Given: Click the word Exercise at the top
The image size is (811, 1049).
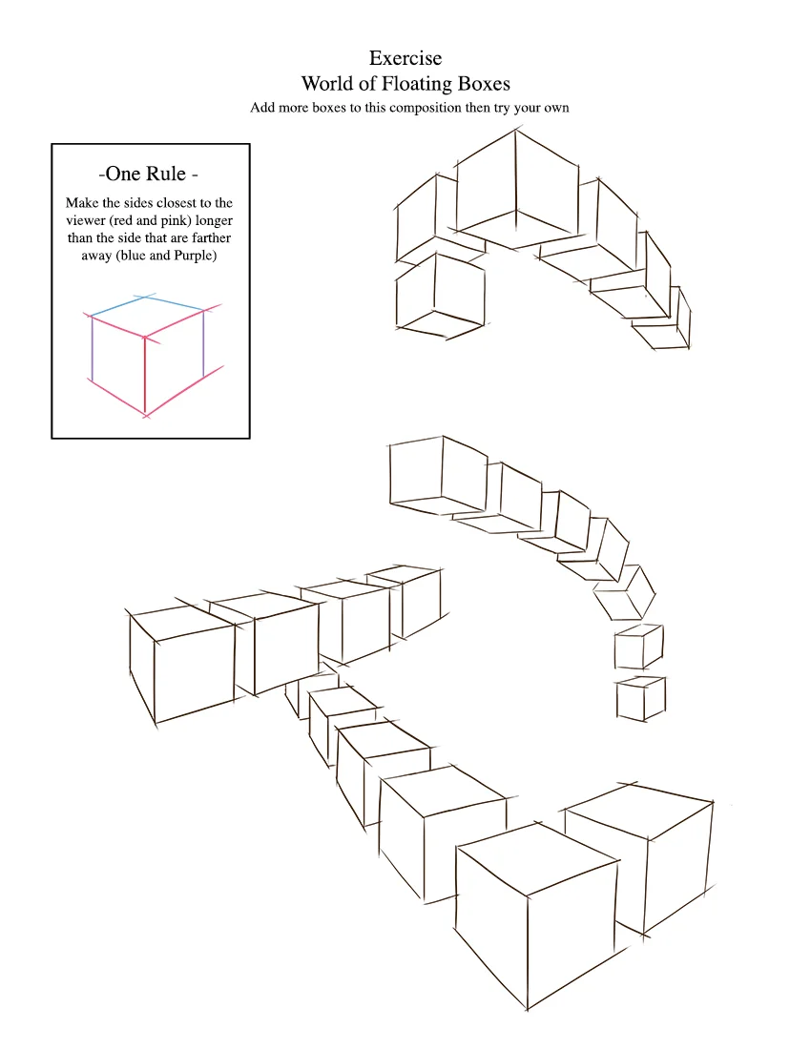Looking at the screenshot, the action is (405, 58).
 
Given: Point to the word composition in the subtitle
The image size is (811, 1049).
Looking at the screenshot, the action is (426, 109).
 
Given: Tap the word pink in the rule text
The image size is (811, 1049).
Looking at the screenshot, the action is (177, 221).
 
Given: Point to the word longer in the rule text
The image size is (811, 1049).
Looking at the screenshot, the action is (214, 221).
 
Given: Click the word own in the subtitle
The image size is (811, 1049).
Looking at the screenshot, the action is (556, 109).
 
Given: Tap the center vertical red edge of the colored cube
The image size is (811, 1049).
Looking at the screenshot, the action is (144, 376).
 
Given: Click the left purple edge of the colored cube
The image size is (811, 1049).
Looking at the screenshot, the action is (92, 349).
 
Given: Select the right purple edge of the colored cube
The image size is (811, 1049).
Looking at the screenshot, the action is (202, 343).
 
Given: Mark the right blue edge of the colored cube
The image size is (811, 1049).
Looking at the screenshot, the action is (174, 303).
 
